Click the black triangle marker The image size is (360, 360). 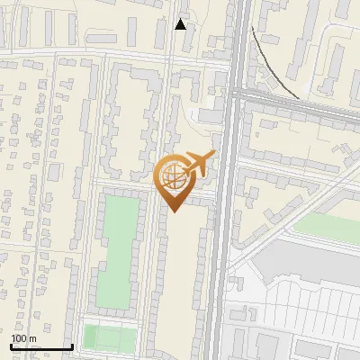[181, 24]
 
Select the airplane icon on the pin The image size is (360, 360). [200, 164]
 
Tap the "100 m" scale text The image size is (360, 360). [23, 338]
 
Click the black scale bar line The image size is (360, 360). [42, 346]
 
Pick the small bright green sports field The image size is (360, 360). [109, 337]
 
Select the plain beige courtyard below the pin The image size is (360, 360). [184, 270]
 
